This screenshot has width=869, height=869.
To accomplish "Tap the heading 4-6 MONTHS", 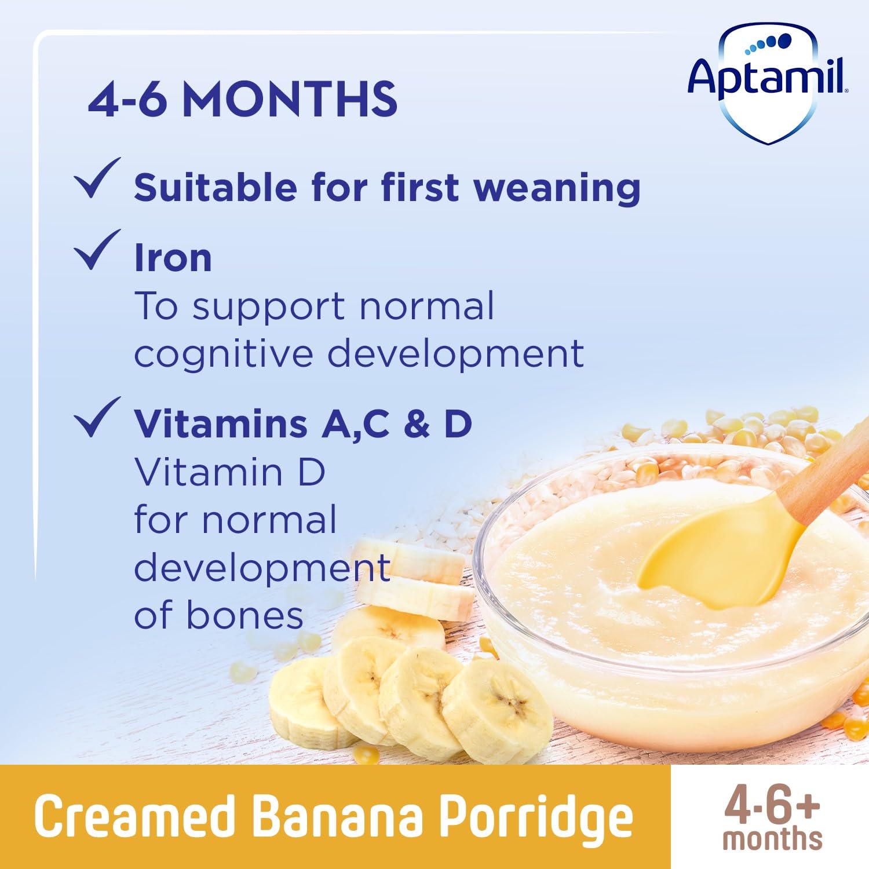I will point(242,100).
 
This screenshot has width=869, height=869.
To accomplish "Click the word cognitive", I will point(223,355).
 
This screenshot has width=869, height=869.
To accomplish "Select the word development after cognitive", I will point(455,355).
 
